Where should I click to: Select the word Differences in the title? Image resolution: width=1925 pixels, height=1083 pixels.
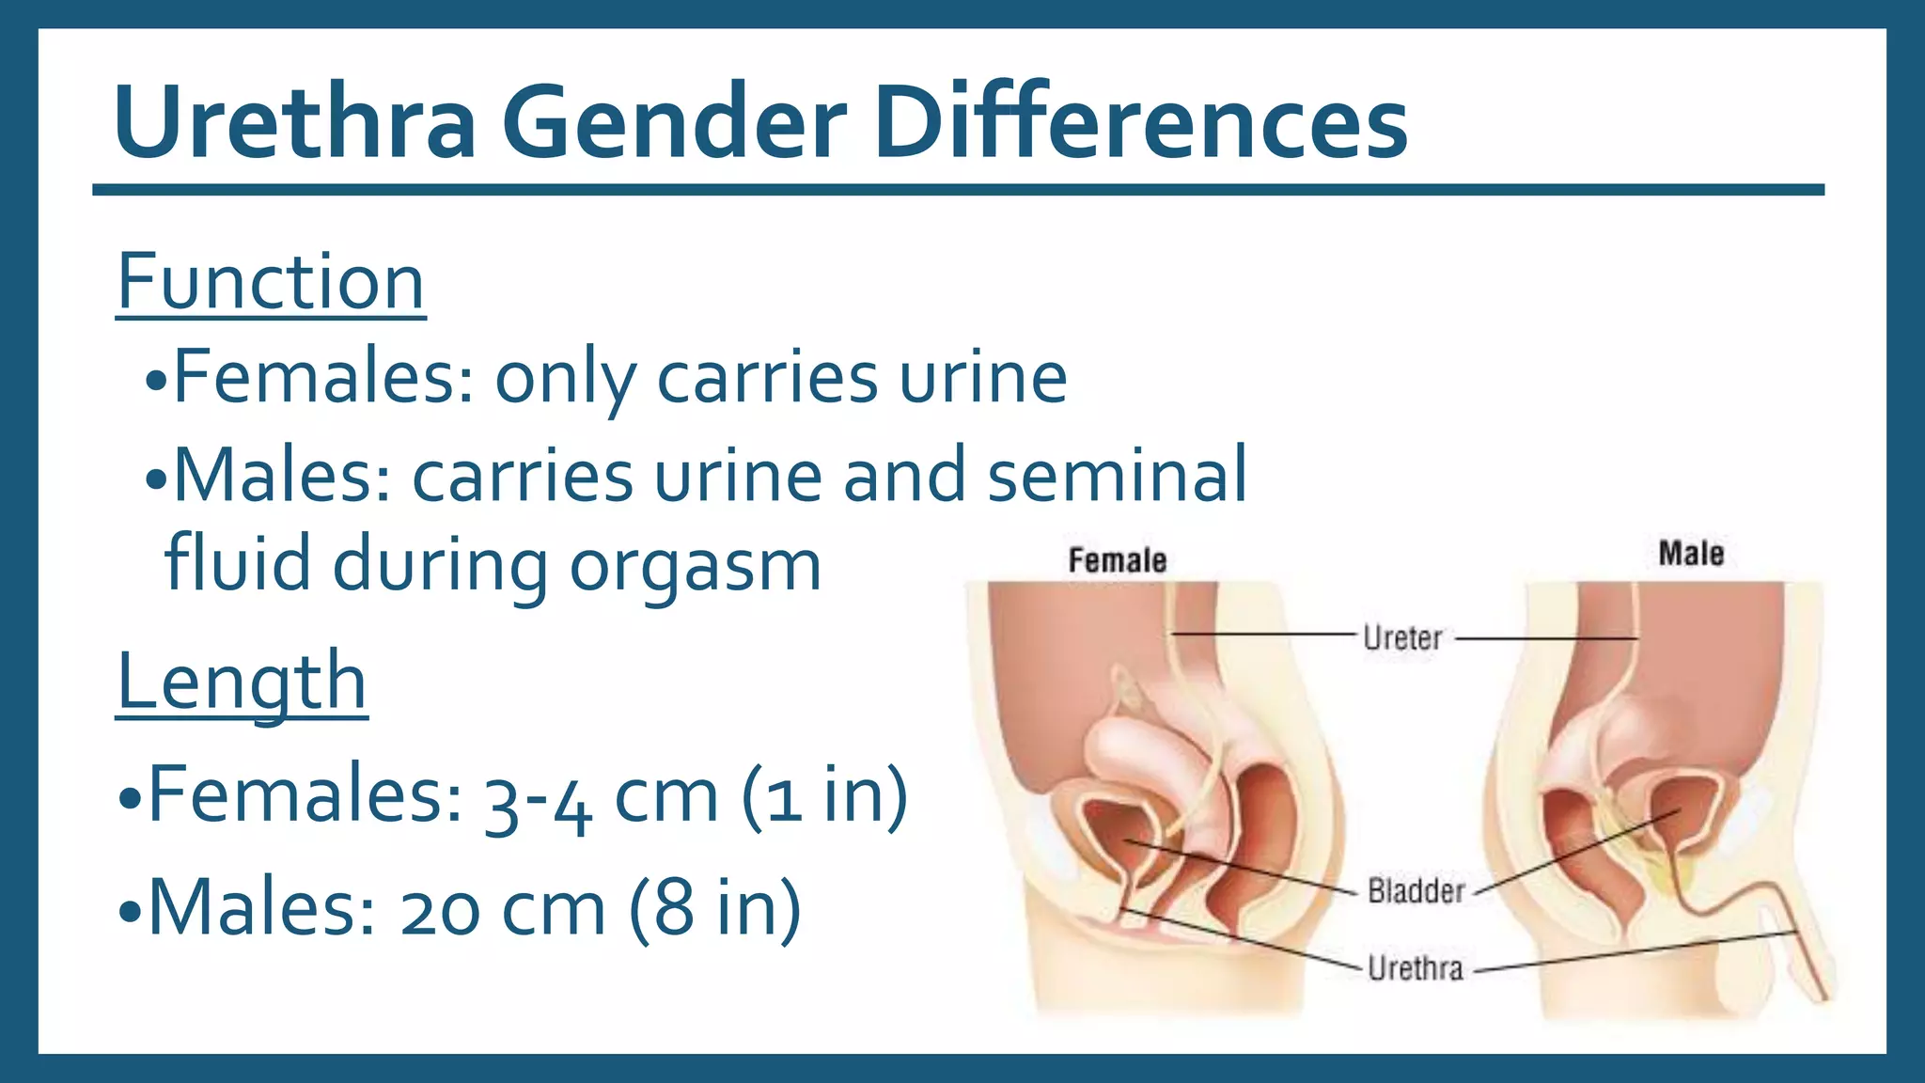(x=1139, y=123)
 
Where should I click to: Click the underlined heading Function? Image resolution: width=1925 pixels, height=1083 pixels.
(x=271, y=282)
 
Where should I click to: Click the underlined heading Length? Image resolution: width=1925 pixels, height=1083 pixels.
(x=242, y=683)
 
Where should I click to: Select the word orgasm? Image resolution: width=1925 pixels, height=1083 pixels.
(x=696, y=566)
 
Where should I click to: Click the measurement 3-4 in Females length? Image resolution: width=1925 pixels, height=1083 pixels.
(x=539, y=799)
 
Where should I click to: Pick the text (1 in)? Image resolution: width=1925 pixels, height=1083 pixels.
(x=824, y=795)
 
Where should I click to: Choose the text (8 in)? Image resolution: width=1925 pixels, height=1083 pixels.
(x=715, y=908)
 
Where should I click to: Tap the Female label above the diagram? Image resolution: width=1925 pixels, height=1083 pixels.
(x=1117, y=561)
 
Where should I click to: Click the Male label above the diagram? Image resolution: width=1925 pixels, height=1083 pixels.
(x=1690, y=554)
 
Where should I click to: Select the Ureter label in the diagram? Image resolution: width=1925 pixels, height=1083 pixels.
(x=1401, y=638)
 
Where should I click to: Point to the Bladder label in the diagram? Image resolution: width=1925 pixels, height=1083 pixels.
(x=1416, y=890)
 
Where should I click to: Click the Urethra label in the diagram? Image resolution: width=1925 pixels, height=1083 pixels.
(x=1415, y=968)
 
